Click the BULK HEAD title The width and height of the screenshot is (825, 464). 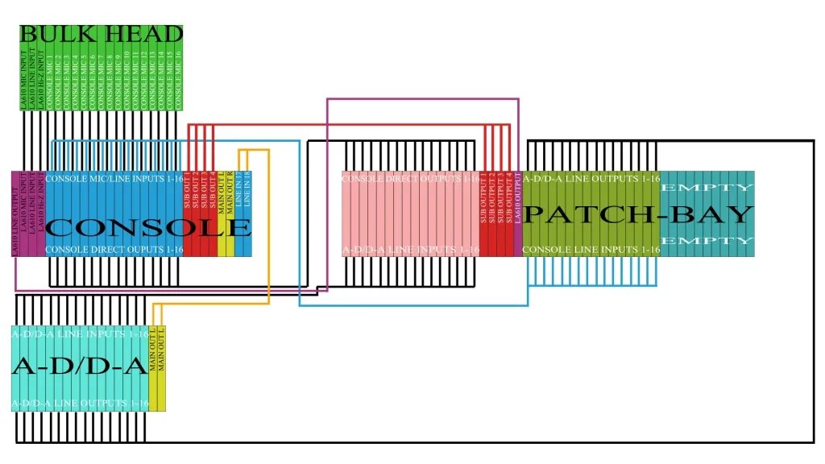(101, 35)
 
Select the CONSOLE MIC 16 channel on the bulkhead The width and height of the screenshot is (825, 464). (178, 81)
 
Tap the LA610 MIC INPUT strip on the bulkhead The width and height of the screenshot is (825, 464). (24, 81)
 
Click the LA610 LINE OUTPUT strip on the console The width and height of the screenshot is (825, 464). (16, 214)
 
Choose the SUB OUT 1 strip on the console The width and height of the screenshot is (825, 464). (188, 193)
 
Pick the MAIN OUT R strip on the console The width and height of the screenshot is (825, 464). (230, 193)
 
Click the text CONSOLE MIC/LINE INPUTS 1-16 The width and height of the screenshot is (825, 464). (114, 178)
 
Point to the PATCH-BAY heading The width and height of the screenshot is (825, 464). (639, 214)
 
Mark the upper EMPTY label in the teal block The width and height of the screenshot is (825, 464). (707, 188)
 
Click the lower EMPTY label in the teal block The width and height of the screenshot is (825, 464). (707, 241)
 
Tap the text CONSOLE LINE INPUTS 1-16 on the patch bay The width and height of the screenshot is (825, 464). (591, 251)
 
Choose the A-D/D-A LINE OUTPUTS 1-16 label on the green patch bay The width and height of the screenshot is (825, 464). (591, 178)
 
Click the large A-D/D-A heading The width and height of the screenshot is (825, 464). (79, 367)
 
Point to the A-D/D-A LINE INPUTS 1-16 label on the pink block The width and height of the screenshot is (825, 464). (411, 251)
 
